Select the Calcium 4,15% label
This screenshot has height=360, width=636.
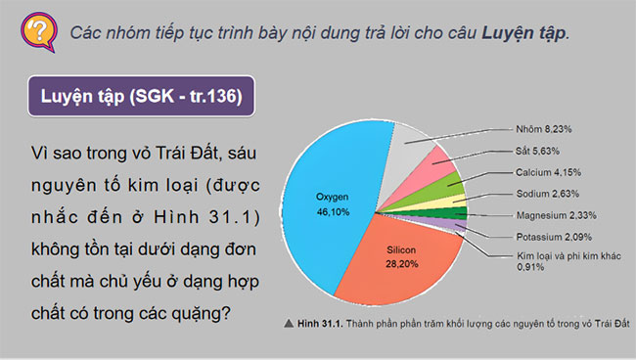click(552, 172)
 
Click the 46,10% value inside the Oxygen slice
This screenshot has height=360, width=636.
click(332, 210)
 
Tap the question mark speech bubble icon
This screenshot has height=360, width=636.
click(37, 29)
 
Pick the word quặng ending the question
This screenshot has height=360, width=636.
click(204, 315)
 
